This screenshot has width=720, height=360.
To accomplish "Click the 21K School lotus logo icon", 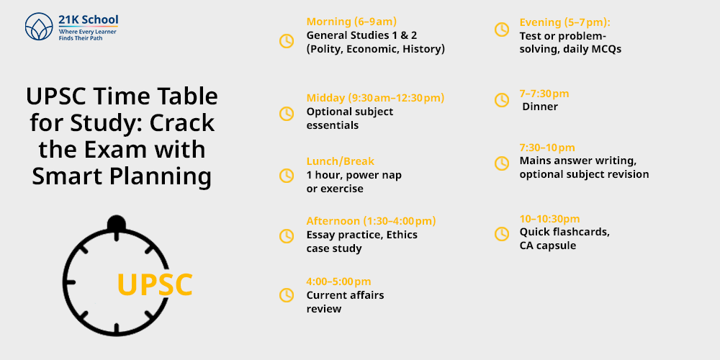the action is (39, 27).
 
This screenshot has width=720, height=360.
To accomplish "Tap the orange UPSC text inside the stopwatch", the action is (155, 284).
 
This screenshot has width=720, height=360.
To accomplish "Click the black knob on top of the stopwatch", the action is (116, 223).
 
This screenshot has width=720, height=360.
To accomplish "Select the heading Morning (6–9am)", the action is (351, 22).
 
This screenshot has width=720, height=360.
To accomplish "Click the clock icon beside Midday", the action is (287, 114).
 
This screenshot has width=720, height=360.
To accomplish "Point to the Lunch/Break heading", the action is (341, 161).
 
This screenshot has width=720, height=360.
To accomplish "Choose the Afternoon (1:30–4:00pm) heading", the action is (371, 221).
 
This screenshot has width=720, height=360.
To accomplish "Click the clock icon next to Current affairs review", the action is (287, 294).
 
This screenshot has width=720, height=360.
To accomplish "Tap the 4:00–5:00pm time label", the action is (338, 282).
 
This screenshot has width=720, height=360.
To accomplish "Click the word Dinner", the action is (540, 107).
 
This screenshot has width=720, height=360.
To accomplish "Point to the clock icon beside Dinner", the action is (502, 99).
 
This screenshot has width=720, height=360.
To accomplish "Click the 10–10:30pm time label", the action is (549, 219).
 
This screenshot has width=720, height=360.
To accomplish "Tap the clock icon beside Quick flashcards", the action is (502, 234).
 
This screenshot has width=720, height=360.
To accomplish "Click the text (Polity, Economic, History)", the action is (376, 49).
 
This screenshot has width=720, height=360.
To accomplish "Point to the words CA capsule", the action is (547, 246).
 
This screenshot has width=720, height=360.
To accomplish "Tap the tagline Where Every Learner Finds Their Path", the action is (87, 35).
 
